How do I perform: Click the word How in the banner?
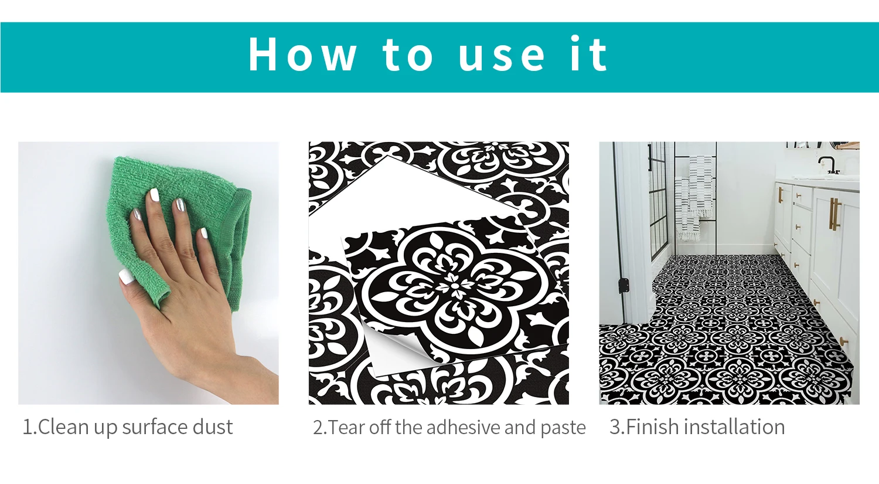click(x=302, y=54)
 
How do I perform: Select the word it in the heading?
click(x=588, y=53)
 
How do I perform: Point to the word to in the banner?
click(x=407, y=55)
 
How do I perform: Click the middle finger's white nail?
click(x=154, y=194)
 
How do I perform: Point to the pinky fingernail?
click(x=204, y=233)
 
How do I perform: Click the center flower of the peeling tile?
click(x=455, y=284)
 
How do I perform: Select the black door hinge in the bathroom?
click(x=623, y=286)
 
